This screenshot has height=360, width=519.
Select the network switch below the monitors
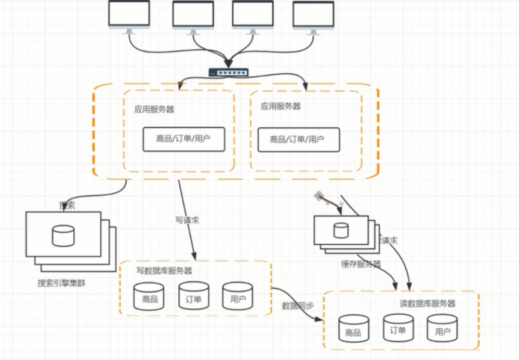coord(229,72)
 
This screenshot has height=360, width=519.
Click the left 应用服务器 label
coord(154,109)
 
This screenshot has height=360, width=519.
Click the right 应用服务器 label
coord(281,106)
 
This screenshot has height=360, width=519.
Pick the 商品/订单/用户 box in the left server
coord(184,139)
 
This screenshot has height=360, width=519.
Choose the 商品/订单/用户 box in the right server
coord(298,139)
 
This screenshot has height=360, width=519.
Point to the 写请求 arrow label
coord(187,220)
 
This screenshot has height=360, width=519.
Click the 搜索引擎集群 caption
coord(62,283)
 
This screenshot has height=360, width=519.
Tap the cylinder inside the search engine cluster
coord(63,235)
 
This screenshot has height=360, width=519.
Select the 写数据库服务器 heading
coord(164,271)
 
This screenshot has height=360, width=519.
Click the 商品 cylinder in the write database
coord(149,296)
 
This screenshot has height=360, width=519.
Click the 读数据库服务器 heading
coord(428,303)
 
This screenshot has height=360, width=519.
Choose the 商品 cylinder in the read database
coord(353,329)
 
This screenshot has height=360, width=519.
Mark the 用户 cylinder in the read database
coord(442,328)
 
